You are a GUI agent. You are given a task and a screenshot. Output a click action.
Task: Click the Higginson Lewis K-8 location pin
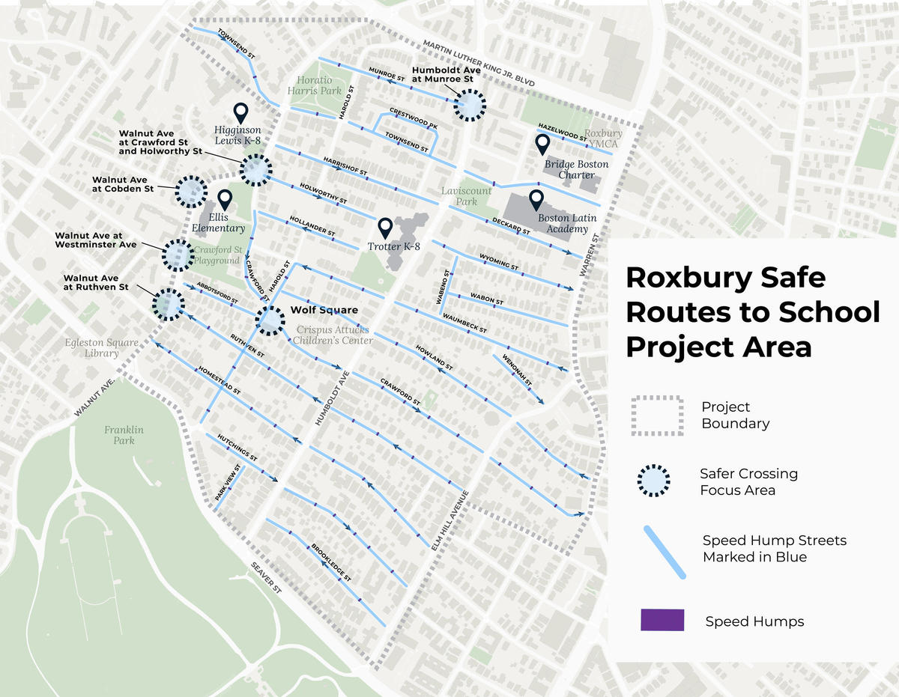[x=240, y=113]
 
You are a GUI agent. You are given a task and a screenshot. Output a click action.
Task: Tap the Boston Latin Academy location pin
[x=536, y=200]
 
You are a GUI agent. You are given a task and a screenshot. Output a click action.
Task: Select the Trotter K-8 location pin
[x=385, y=227]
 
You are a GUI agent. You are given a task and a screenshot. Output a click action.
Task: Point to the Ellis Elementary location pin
[x=225, y=200]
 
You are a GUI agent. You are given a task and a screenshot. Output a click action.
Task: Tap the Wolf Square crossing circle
[x=270, y=320]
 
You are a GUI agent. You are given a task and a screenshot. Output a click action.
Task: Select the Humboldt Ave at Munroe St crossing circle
[x=470, y=106]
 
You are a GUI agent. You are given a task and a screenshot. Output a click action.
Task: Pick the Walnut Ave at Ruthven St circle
[x=169, y=305]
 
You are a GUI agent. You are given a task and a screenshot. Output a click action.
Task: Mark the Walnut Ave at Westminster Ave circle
[x=178, y=255]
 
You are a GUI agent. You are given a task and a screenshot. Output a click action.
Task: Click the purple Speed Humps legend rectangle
[x=662, y=621]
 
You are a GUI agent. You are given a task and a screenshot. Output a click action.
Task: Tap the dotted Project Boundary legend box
[x=657, y=416]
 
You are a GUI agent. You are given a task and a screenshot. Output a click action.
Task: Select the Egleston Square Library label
[x=101, y=348]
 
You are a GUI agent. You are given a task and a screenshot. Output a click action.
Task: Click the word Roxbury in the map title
[x=682, y=278]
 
